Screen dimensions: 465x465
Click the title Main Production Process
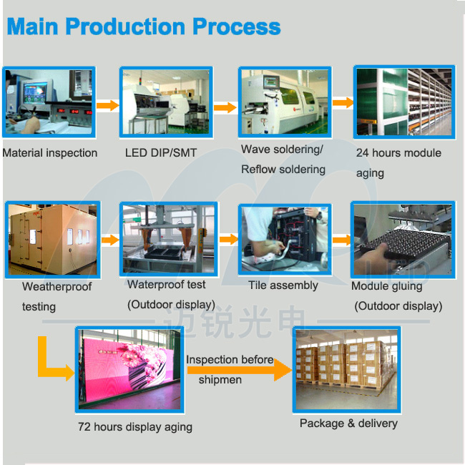point(144,26)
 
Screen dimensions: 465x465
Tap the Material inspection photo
point(49,102)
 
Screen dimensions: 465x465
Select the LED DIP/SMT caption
point(161,152)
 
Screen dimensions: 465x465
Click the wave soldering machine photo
point(285,102)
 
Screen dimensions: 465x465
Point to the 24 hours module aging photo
point(404,102)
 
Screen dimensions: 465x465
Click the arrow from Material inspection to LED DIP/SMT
point(107,105)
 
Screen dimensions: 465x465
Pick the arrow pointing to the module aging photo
point(343,102)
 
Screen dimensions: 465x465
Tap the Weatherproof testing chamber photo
point(53,240)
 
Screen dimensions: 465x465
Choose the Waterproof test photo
point(169,239)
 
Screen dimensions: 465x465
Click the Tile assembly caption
point(283,285)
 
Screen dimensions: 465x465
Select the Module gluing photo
point(403,240)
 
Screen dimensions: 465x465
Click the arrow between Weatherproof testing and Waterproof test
point(110,240)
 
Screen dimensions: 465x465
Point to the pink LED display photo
point(129,370)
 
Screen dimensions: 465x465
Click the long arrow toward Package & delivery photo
point(240,370)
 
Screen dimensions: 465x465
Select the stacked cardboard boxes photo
point(347,370)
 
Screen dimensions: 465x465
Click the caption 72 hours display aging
point(135,427)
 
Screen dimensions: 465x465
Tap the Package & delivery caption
point(348,424)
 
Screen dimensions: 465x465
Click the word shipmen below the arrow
point(220,380)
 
